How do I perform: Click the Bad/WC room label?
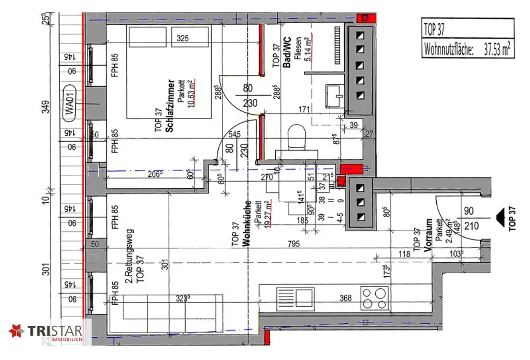pos(286,52)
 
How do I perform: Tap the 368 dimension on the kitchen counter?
pos(346,298)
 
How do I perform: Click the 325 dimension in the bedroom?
pos(182,38)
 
